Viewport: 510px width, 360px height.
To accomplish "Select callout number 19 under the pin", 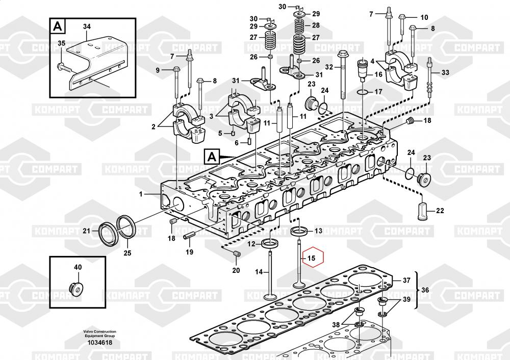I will click(189, 252).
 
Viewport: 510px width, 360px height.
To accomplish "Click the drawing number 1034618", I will click(99, 343).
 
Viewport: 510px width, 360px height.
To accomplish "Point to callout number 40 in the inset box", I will click(78, 267).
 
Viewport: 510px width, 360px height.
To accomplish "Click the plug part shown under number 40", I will click(77, 288).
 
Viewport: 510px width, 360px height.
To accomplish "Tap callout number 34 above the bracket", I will click(87, 26).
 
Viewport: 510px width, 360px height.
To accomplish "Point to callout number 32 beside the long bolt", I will click(329, 67).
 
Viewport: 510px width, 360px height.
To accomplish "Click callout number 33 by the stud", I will click(445, 73).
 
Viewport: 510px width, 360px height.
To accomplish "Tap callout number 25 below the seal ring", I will click(127, 252).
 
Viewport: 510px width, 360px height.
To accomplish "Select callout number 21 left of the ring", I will click(87, 231).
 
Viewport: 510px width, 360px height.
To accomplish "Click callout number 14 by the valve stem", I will click(259, 272).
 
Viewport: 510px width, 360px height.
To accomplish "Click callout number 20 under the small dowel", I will click(236, 270).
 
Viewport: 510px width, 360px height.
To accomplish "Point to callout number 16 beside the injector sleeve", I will click(378, 74).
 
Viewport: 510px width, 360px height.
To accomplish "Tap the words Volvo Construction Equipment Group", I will click(99, 333).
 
